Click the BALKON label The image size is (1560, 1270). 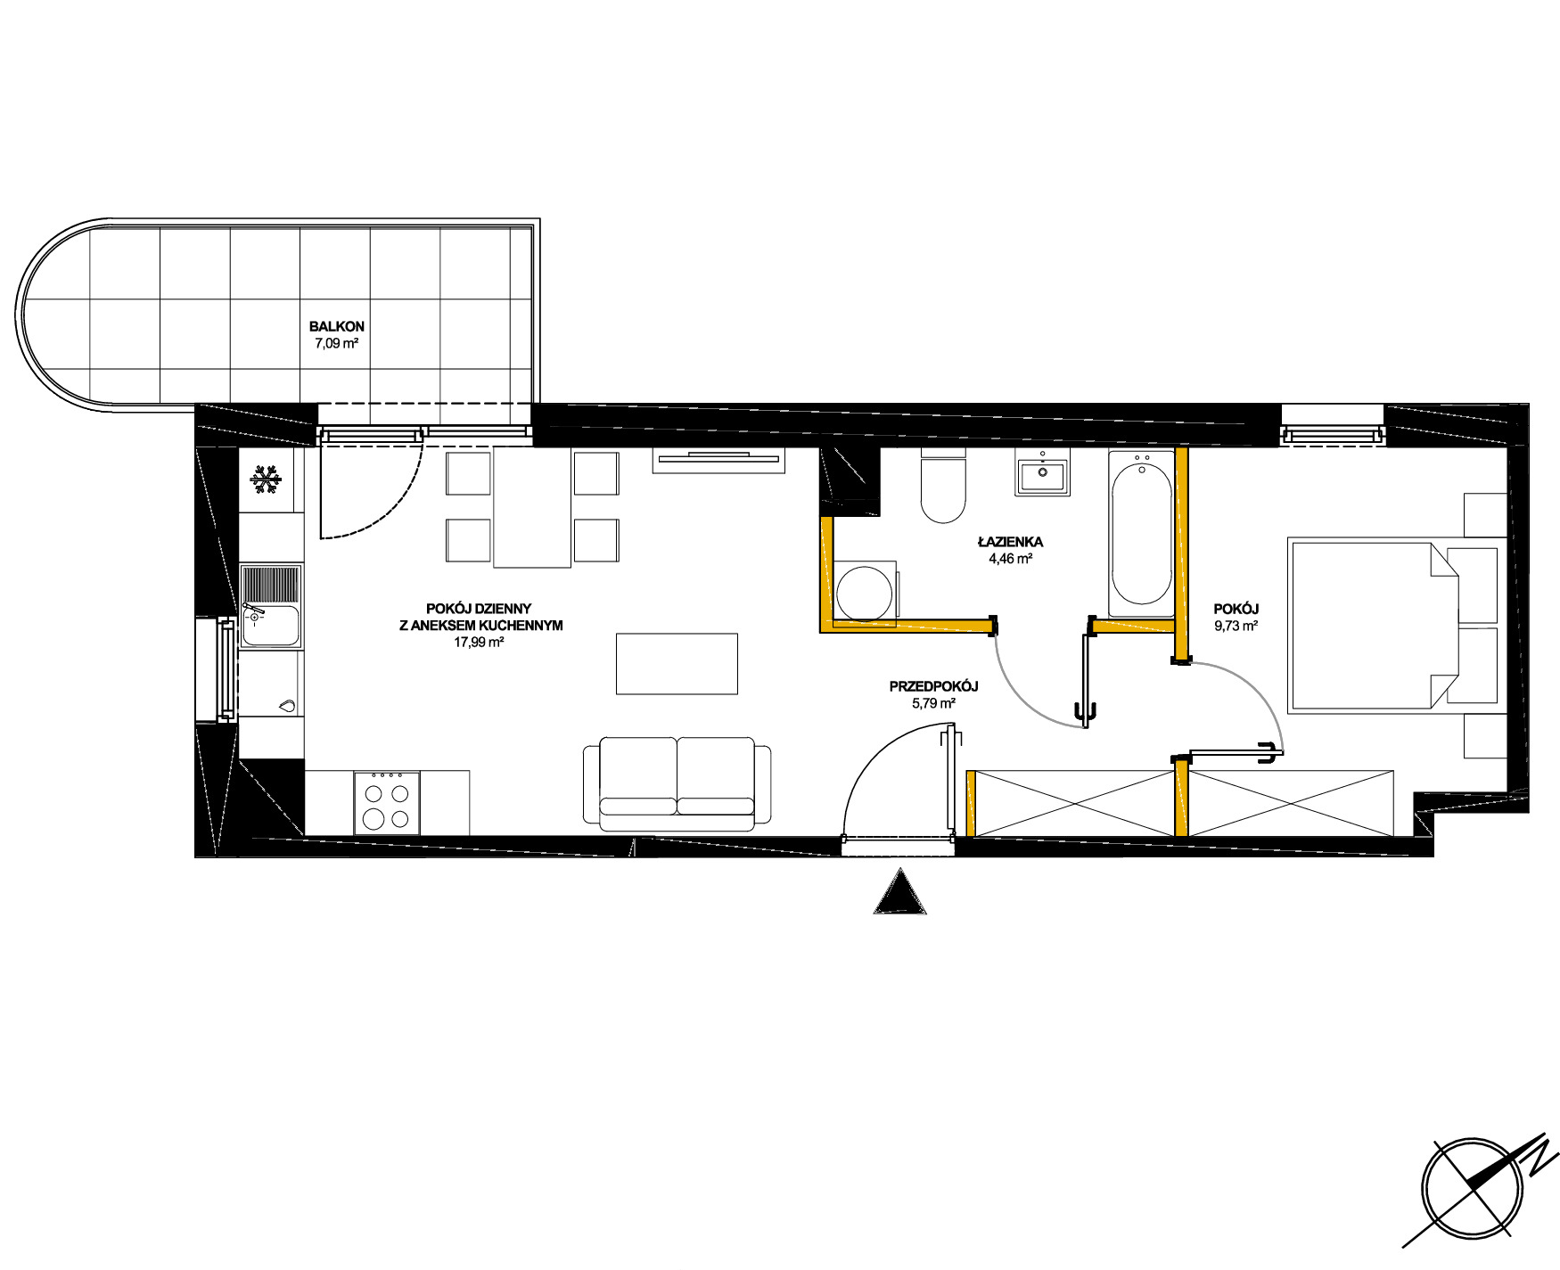[336, 326]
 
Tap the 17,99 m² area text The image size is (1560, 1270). [480, 642]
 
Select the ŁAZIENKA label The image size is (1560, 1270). [1010, 542]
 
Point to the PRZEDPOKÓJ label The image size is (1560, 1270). [933, 686]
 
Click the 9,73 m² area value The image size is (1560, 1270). [1236, 626]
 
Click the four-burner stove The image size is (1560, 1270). [387, 803]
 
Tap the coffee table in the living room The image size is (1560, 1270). [677, 663]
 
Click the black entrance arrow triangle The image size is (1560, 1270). [900, 891]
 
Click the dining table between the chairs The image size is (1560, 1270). [532, 508]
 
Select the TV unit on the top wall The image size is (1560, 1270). [718, 460]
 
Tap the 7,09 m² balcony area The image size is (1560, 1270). [336, 343]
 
